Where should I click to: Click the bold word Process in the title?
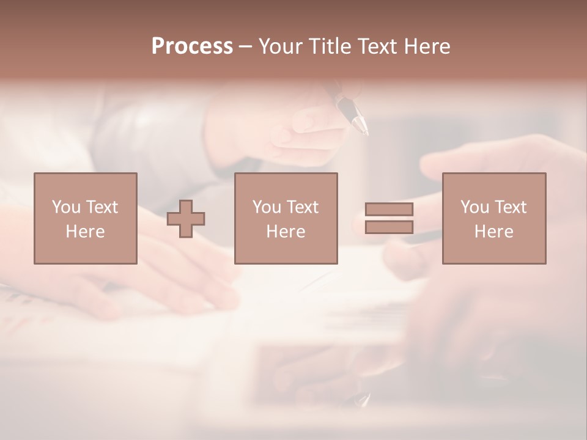(192, 46)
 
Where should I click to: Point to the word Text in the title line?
(381, 46)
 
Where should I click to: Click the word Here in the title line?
(428, 46)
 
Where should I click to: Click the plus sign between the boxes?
(186, 219)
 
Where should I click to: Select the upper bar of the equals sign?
(389, 209)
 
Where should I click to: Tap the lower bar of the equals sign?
(389, 227)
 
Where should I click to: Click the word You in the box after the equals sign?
(474, 207)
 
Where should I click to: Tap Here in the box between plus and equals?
(286, 232)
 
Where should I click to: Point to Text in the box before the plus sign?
(102, 207)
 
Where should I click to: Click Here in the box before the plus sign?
(86, 232)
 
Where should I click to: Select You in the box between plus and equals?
(266, 207)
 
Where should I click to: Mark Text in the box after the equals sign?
(510, 207)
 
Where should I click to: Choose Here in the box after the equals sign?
(494, 232)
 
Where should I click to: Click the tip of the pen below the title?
(365, 131)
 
